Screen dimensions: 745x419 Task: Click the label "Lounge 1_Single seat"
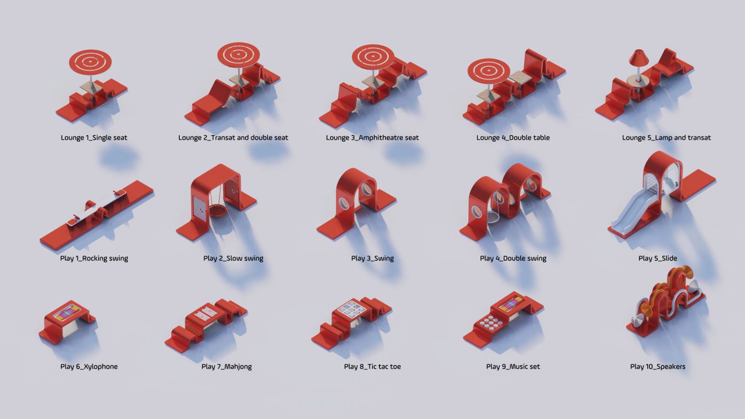coord(94,138)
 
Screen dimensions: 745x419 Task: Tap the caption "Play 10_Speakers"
coord(657,366)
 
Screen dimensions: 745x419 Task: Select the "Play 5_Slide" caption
coord(657,258)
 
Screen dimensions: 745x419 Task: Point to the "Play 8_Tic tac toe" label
coord(372,366)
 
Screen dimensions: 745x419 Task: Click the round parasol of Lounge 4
coord(488,71)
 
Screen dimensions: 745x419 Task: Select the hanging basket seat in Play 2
coord(218,210)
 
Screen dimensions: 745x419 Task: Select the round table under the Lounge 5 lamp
coord(638,80)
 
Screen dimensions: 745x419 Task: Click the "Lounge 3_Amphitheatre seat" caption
coord(372,138)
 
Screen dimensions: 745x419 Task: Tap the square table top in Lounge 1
coord(91,87)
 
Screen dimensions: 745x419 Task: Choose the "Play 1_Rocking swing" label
coord(94,258)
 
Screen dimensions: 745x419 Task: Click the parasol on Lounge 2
coord(238,54)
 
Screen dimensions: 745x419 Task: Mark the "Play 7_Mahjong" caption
coord(226,366)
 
